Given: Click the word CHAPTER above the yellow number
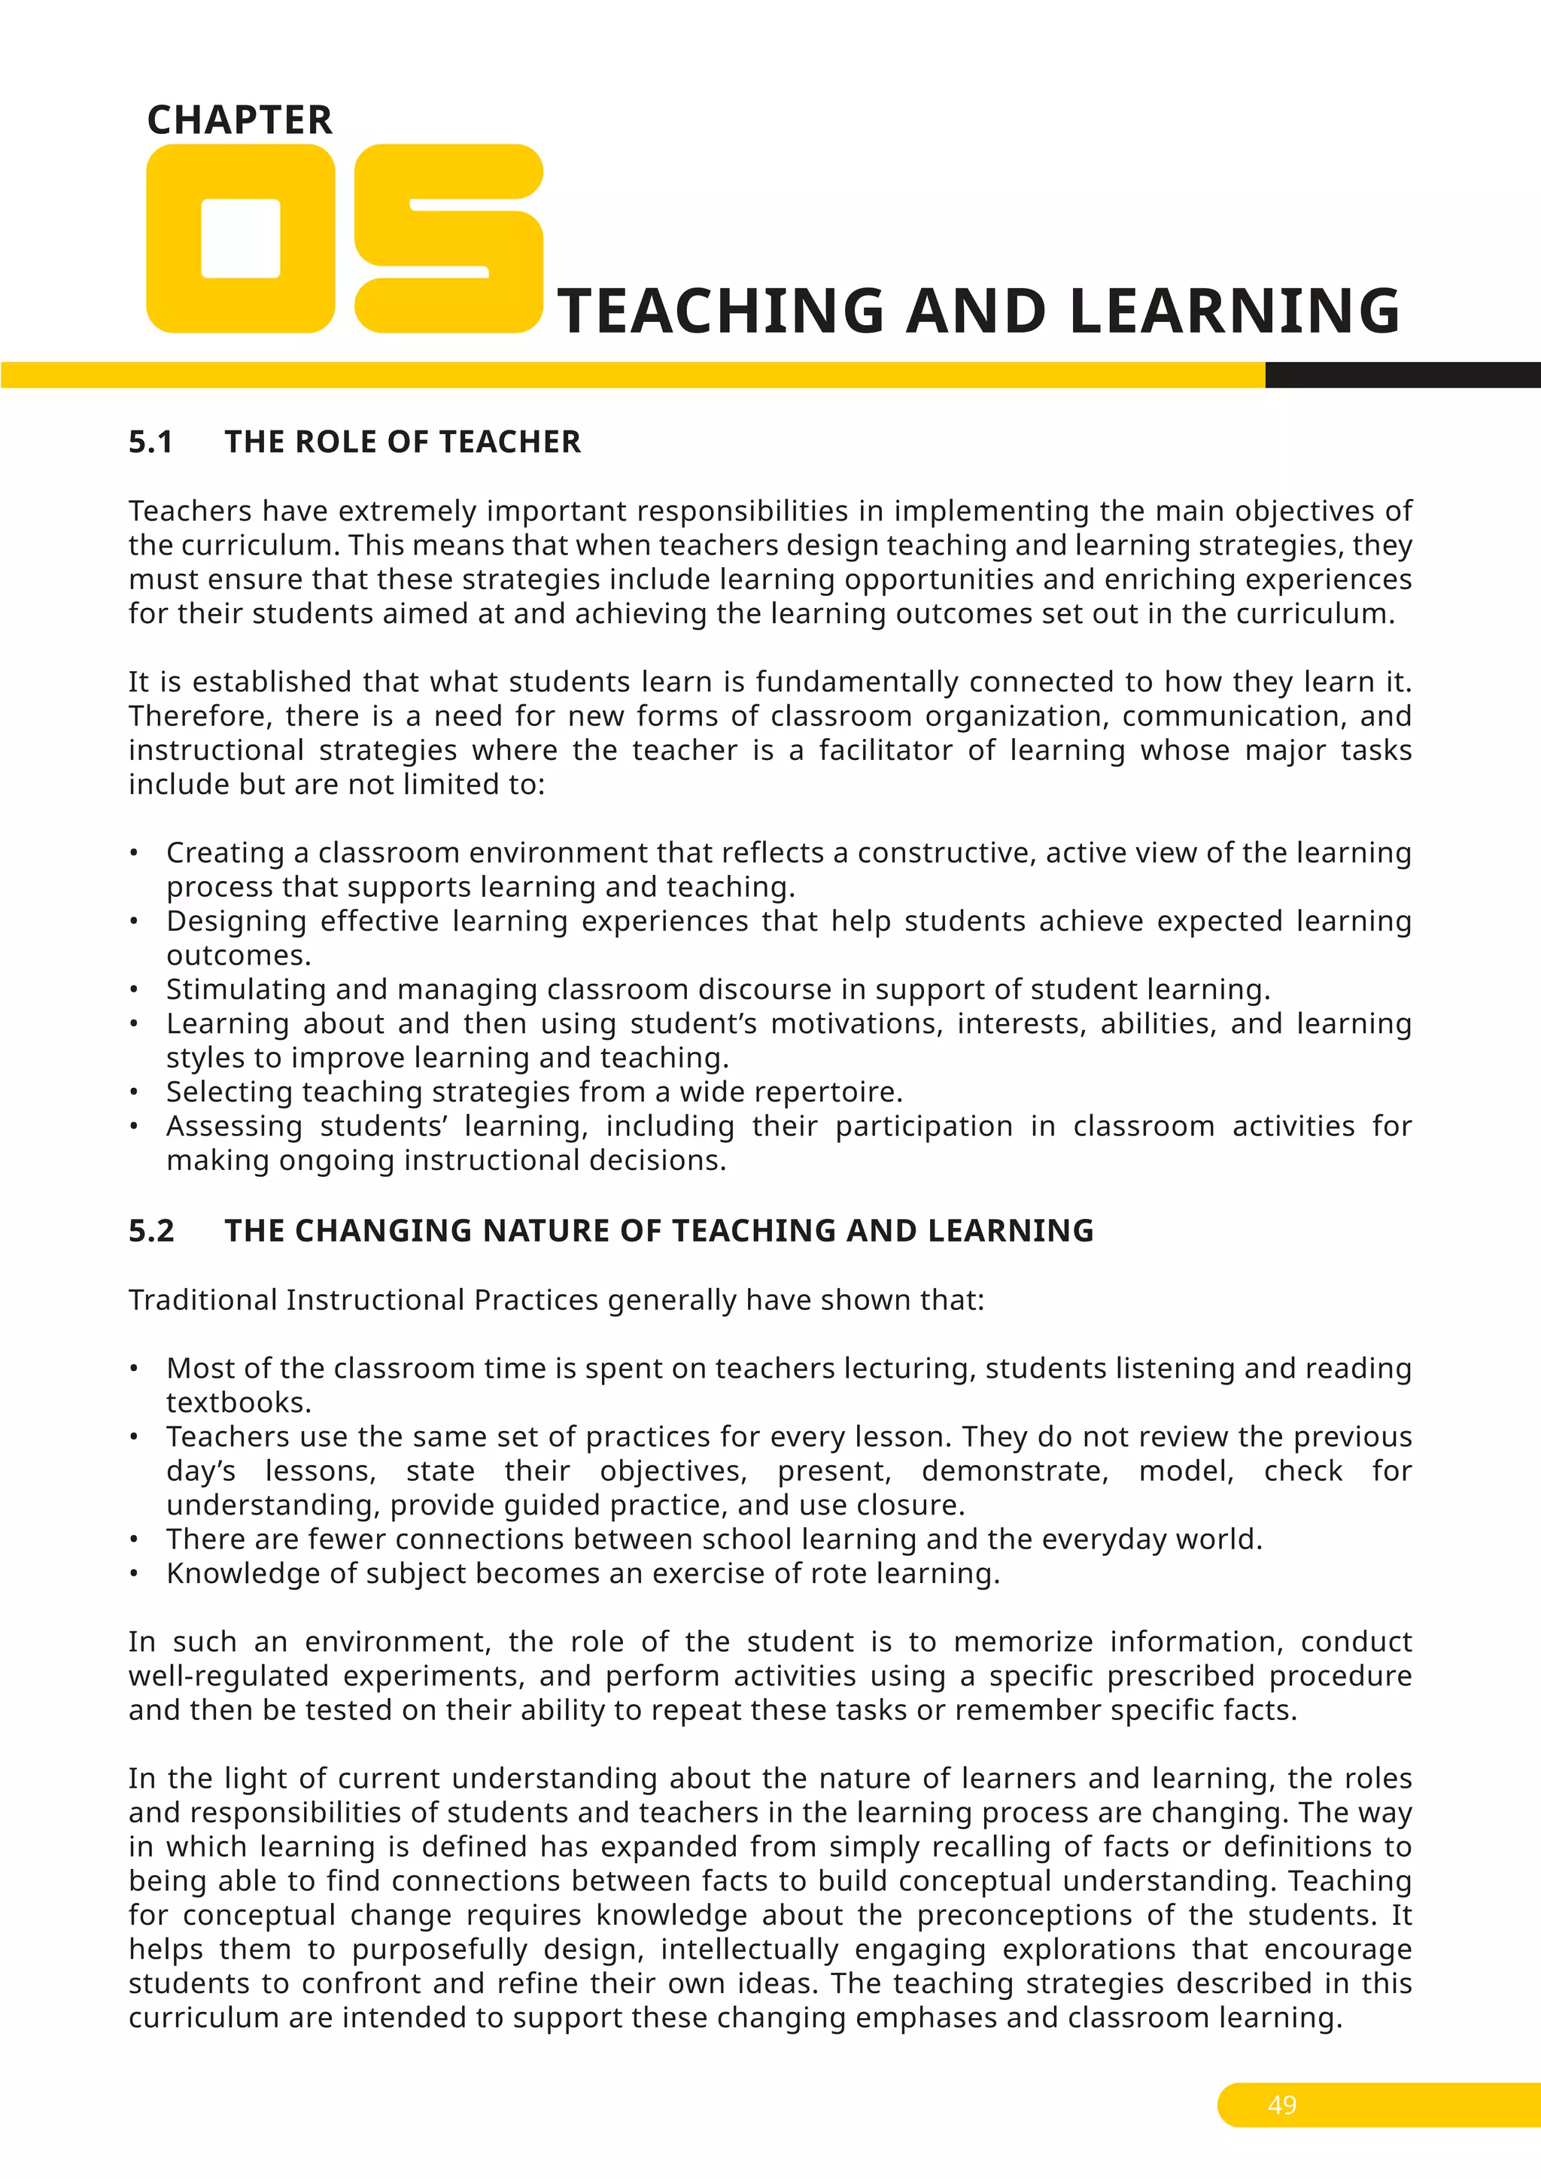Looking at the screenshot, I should coord(240,120).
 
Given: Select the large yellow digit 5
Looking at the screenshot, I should coord(448,239).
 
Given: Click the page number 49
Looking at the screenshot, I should coord(1282,2105).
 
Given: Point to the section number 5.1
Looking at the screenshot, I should coord(151,442).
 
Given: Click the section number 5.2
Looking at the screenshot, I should coord(152,1231).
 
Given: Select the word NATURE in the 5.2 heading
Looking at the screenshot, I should coord(546,1231).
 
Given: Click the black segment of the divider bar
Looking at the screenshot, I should coord(1403,375).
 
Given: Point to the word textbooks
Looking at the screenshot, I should coord(239,1403).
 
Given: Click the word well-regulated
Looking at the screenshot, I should coord(229,1676).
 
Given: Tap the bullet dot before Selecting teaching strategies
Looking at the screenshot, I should coord(135,1093).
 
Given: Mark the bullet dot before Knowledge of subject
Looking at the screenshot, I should coord(135,1573).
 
